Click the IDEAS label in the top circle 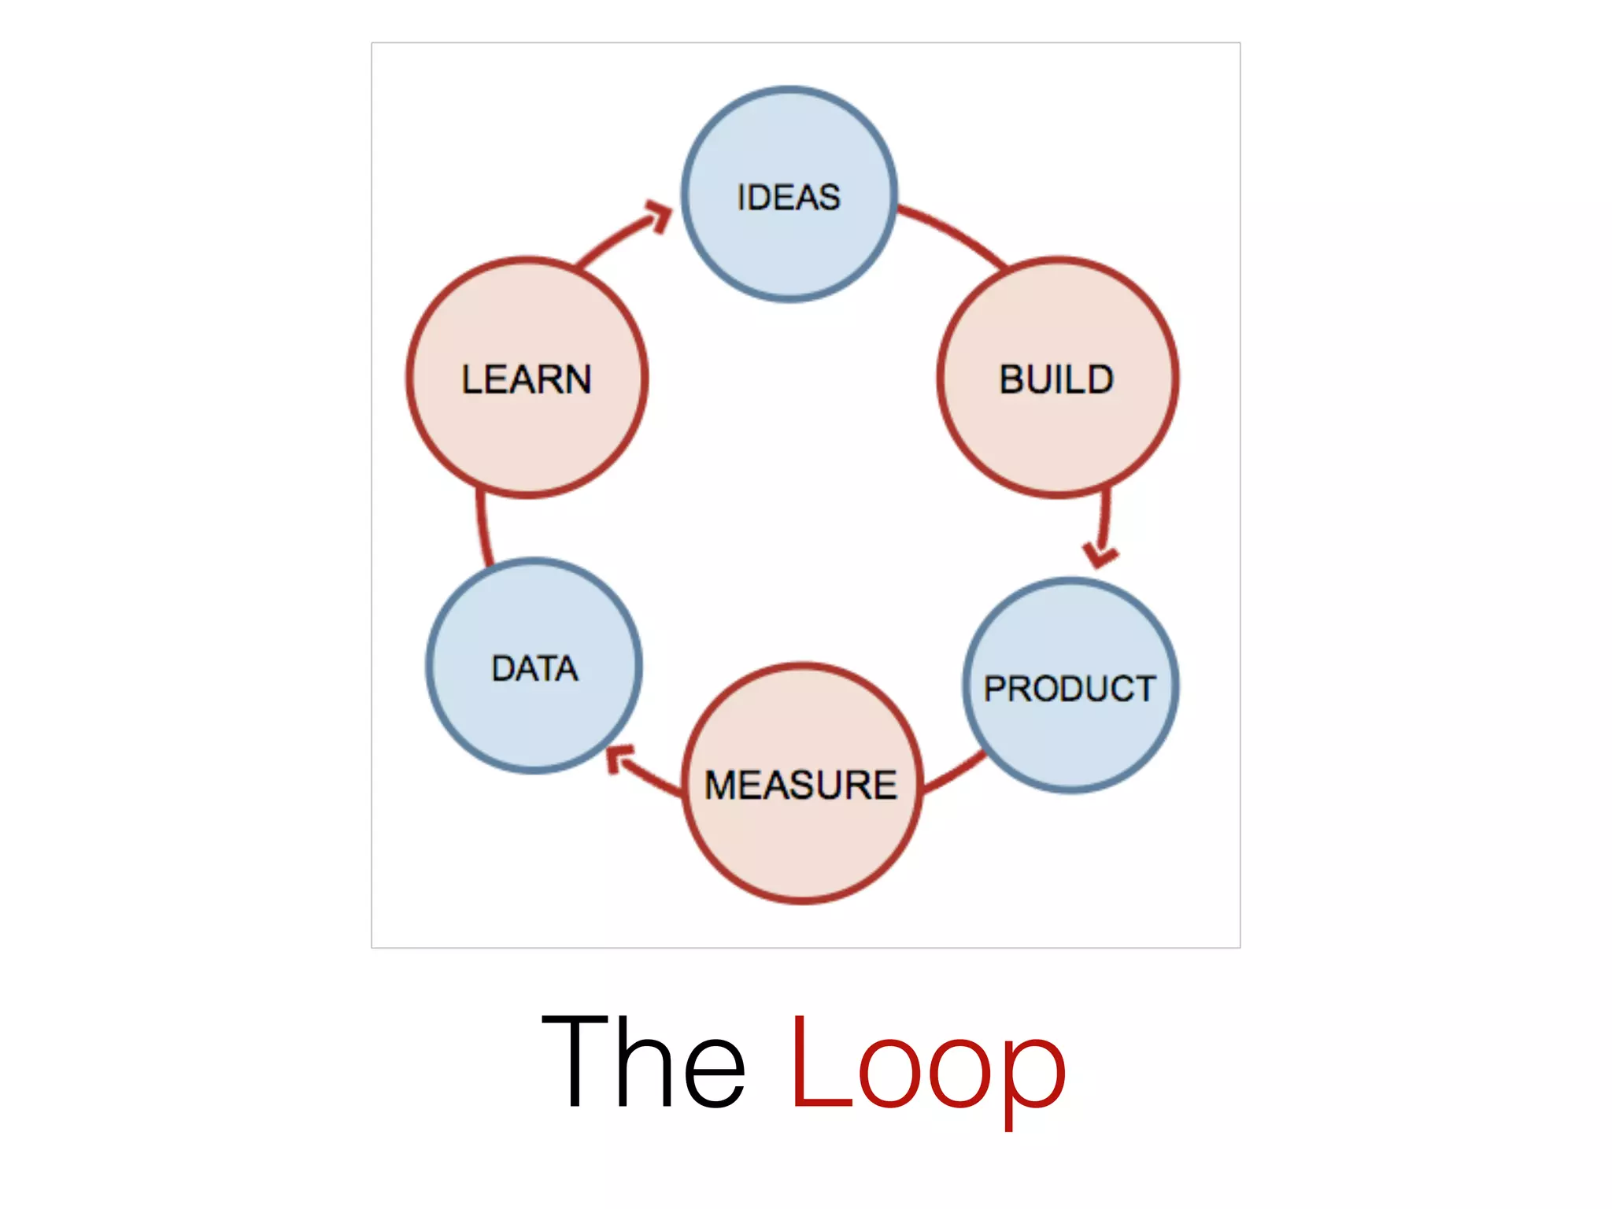point(789,197)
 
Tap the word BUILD point(1056,379)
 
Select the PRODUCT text point(1070,689)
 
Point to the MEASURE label point(800,785)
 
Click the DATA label point(534,668)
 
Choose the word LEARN point(527,379)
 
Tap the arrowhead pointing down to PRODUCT point(1100,554)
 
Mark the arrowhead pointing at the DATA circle point(619,757)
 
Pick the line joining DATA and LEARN point(482,527)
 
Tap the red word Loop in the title point(927,1064)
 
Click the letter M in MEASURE point(722,785)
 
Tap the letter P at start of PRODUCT point(995,689)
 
